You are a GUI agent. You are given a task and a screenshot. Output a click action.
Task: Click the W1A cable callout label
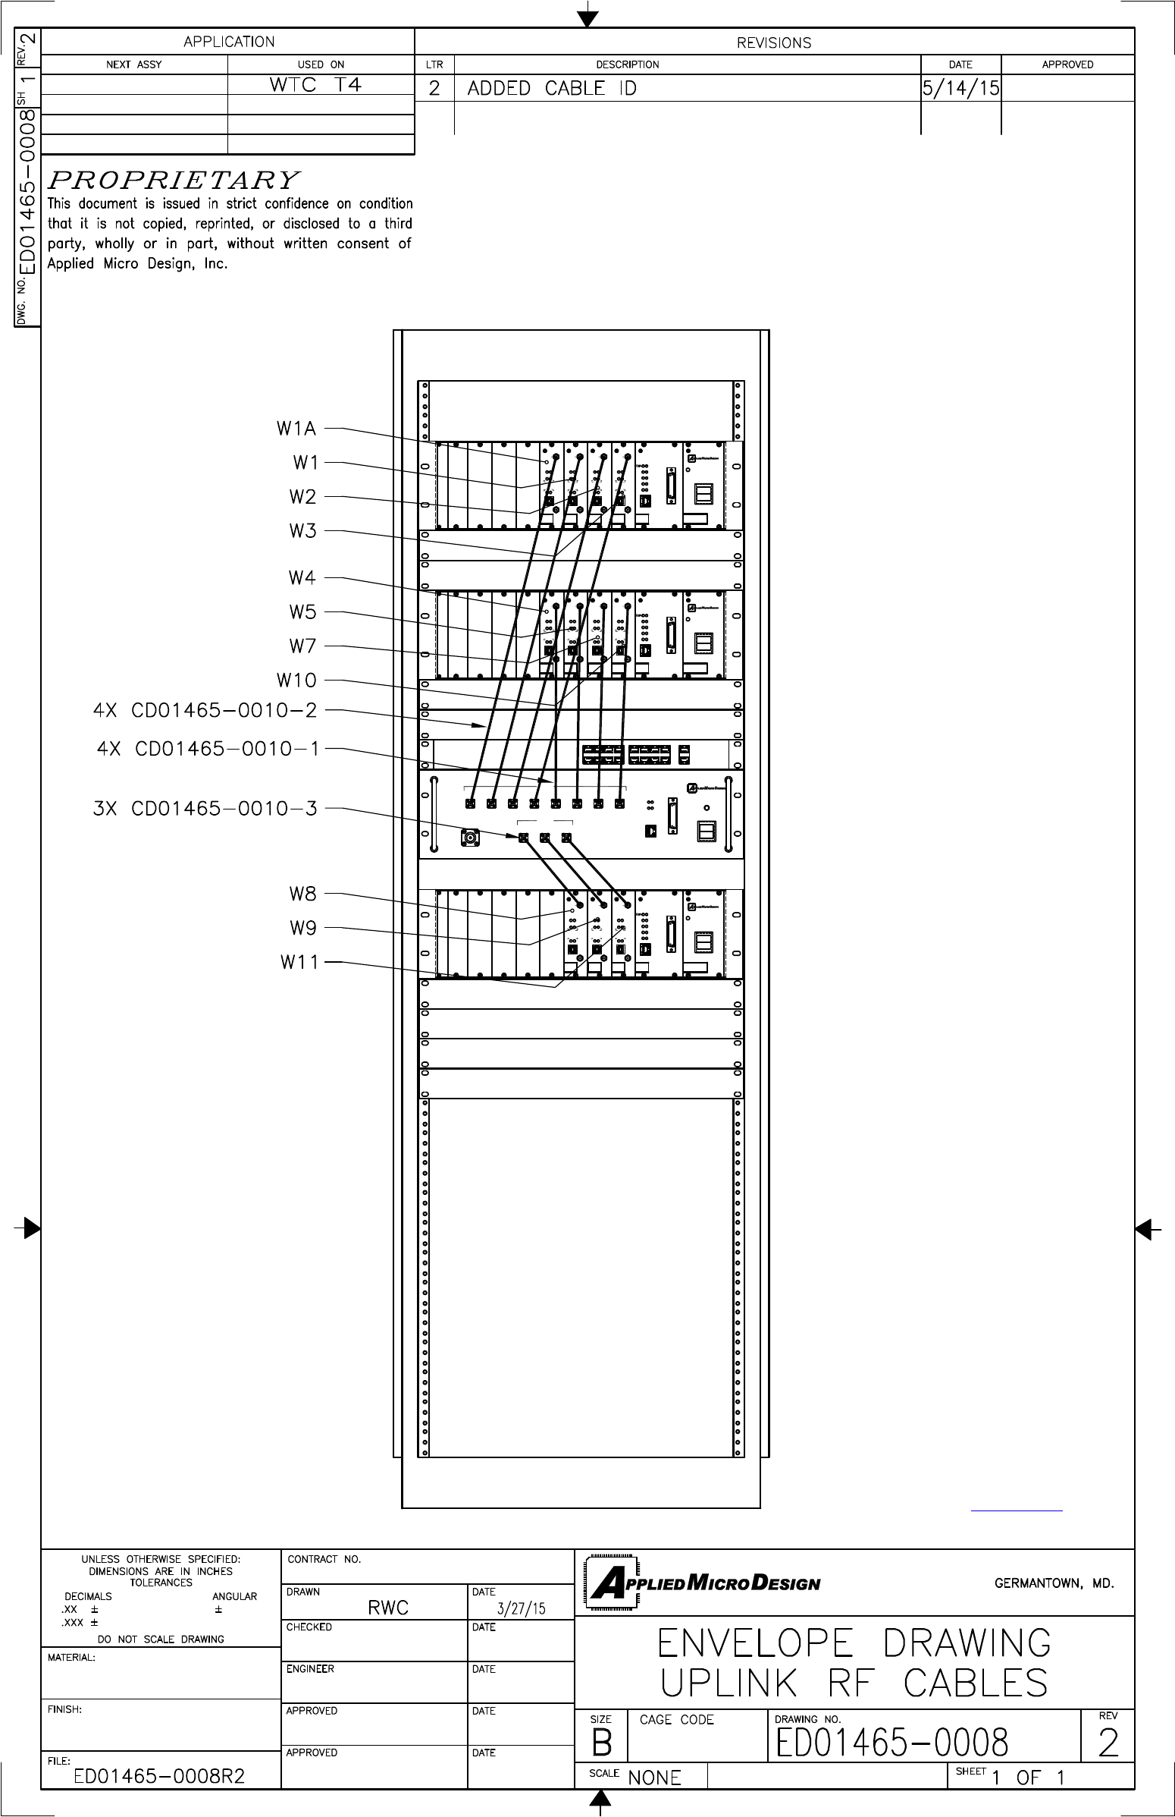[x=296, y=429]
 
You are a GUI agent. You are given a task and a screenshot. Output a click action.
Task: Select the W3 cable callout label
[x=302, y=531]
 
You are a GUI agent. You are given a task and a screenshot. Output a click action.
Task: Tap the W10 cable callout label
[x=296, y=681]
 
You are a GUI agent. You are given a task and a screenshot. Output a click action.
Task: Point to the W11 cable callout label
[x=299, y=962]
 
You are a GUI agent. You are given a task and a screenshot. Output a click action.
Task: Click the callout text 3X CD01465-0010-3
[x=205, y=809]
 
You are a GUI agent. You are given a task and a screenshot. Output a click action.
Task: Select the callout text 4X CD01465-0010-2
[x=205, y=711]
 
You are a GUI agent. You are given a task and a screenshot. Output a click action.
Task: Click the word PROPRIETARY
[x=173, y=180]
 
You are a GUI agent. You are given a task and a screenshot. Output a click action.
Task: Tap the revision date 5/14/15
[x=960, y=89]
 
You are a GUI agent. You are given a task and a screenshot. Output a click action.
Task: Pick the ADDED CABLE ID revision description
[x=552, y=89]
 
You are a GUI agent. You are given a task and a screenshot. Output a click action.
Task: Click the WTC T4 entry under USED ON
[x=315, y=85]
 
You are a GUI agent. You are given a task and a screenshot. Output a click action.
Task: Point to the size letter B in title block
[x=601, y=1743]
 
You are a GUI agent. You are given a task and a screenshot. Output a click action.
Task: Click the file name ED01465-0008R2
[x=159, y=1777]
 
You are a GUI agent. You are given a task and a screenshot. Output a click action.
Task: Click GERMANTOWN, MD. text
[x=1054, y=1583]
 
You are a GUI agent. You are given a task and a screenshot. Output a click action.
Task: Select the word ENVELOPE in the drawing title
[x=754, y=1644]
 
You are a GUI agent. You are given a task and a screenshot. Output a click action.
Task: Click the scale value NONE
[x=654, y=1778]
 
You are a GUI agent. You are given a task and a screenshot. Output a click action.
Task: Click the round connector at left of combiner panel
[x=470, y=838]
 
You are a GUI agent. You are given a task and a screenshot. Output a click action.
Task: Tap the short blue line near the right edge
[x=1017, y=1510]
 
